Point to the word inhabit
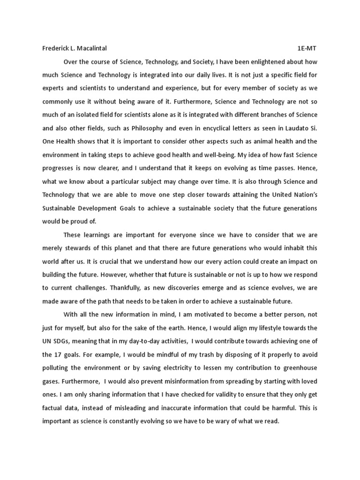292,247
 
